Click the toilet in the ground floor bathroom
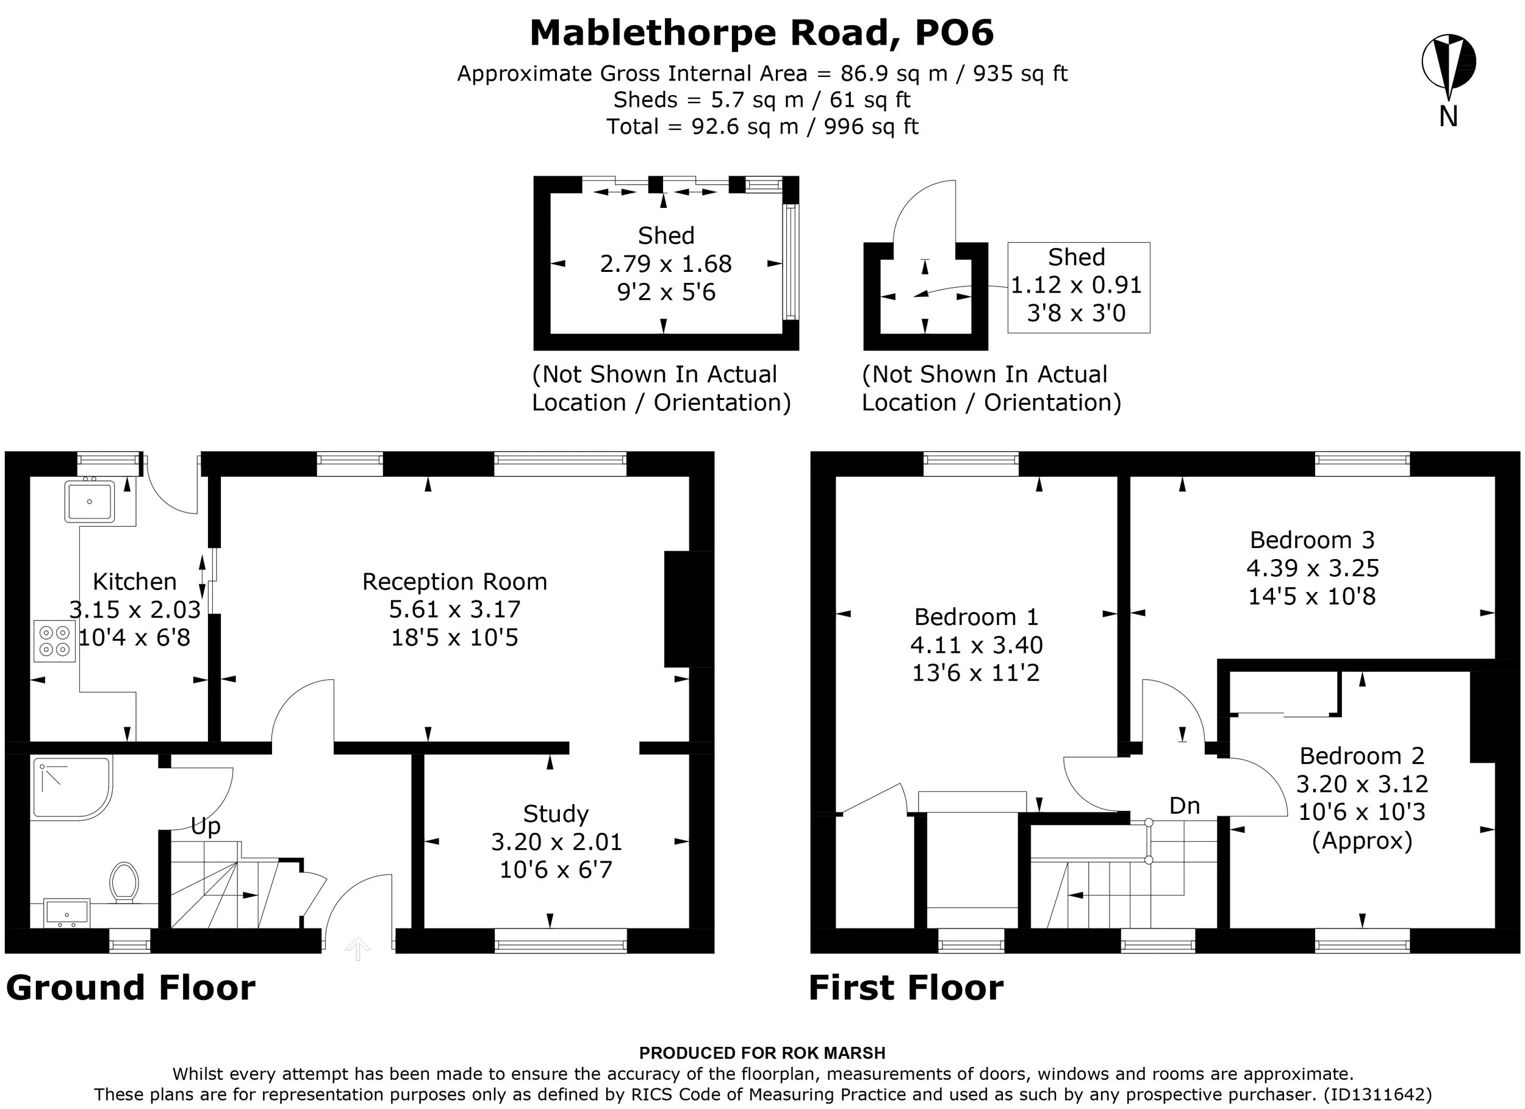pyautogui.click(x=124, y=882)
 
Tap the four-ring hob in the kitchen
pyautogui.click(x=54, y=641)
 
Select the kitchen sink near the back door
pyautogui.click(x=90, y=501)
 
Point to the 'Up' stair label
pyautogui.click(x=206, y=826)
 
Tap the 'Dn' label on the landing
pyautogui.click(x=1184, y=805)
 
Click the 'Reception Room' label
pyautogui.click(x=454, y=582)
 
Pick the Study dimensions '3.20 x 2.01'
pyautogui.click(x=556, y=841)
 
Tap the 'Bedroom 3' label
pyautogui.click(x=1312, y=540)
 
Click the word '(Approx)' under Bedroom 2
pyautogui.click(x=1362, y=841)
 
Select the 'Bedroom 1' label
pyautogui.click(x=977, y=616)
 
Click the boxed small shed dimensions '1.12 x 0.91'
pyautogui.click(x=1077, y=285)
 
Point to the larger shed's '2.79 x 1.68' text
pyautogui.click(x=666, y=264)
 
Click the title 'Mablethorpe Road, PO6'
pyautogui.click(x=762, y=33)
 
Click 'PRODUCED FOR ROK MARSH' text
pyautogui.click(x=762, y=1053)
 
